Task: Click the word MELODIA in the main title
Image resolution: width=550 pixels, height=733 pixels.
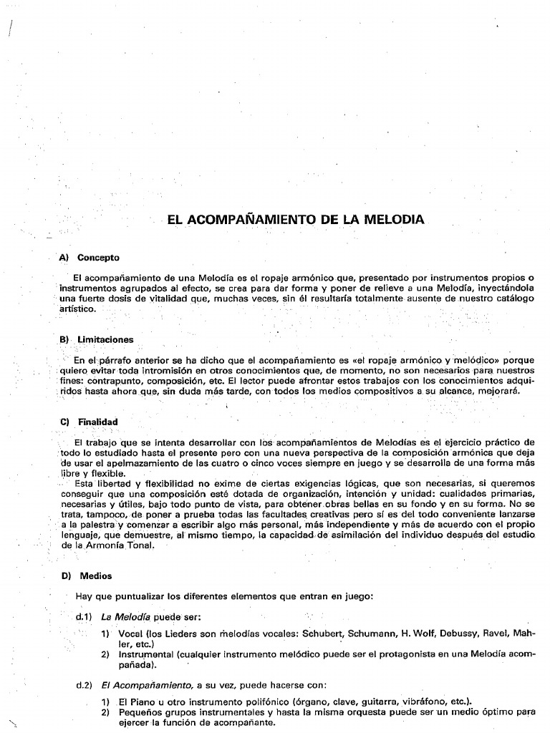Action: click(392, 220)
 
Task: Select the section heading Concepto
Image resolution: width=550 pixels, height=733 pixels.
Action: click(98, 258)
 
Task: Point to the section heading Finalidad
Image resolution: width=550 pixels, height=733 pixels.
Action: click(98, 422)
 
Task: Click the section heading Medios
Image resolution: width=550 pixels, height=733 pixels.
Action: click(95, 576)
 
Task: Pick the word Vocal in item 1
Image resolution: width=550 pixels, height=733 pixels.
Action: click(131, 634)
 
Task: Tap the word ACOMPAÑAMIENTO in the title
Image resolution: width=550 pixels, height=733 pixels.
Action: click(250, 220)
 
